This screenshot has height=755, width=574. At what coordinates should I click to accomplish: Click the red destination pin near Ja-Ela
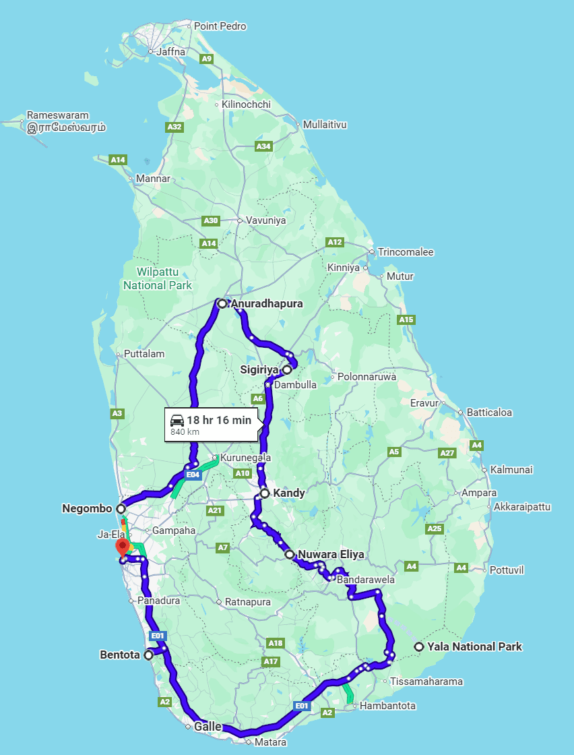pyautogui.click(x=122, y=546)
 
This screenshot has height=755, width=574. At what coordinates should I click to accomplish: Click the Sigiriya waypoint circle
pyautogui.click(x=287, y=369)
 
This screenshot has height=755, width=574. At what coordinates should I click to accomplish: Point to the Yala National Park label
pyautogui.click(x=474, y=647)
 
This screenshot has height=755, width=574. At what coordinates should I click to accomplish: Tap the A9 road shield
pyautogui.click(x=207, y=59)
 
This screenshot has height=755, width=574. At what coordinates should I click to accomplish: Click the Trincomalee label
pyautogui.click(x=406, y=252)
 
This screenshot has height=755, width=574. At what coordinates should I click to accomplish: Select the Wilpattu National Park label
pyautogui.click(x=157, y=279)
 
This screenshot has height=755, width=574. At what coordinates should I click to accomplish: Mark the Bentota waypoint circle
pyautogui.click(x=148, y=655)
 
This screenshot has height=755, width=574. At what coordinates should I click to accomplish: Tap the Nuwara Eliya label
pyautogui.click(x=331, y=555)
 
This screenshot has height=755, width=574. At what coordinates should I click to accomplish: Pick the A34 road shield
pyautogui.click(x=263, y=146)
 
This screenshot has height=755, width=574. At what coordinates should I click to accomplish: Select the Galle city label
pyautogui.click(x=208, y=726)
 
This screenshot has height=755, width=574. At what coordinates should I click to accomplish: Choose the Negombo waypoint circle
pyautogui.click(x=121, y=508)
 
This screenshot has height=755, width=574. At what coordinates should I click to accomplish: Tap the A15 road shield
pyautogui.click(x=406, y=320)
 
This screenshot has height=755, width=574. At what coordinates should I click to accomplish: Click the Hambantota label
pyautogui.click(x=387, y=706)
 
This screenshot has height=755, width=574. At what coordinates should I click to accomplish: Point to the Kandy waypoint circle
pyautogui.click(x=265, y=493)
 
